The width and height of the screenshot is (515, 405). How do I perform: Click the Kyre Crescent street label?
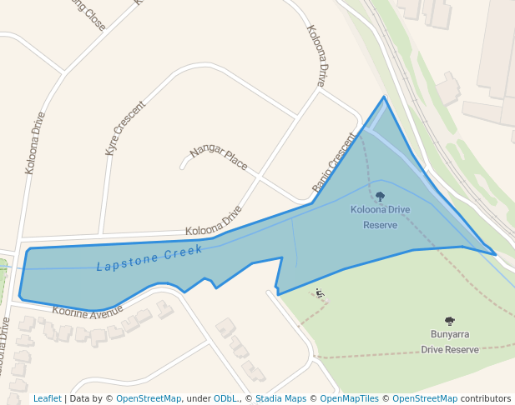pos(125,128)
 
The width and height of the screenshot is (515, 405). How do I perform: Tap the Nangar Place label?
pos(219,157)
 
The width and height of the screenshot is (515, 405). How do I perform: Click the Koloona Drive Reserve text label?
pos(380,217)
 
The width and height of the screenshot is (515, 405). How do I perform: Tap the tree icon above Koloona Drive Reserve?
pos(380,197)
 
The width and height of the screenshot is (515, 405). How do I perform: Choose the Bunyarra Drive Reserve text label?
pos(450,342)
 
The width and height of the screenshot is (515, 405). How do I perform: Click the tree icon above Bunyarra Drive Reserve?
pos(450,321)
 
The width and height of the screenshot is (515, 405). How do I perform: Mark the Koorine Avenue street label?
pos(88,311)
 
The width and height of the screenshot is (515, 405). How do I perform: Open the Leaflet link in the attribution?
pos(47,399)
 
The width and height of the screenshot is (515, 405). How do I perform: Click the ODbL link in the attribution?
pos(225,399)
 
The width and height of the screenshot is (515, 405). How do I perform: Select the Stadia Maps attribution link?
pos(280,399)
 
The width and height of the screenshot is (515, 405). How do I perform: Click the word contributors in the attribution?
pos(486,399)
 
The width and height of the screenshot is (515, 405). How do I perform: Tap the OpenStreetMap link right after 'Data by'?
pos(149,399)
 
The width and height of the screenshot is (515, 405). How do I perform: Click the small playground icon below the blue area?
pos(319,292)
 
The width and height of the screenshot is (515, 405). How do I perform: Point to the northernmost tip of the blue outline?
pos(385,97)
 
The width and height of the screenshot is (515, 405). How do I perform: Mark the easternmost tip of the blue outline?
pos(496,254)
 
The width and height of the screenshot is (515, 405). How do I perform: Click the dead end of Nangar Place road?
pos(182,167)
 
